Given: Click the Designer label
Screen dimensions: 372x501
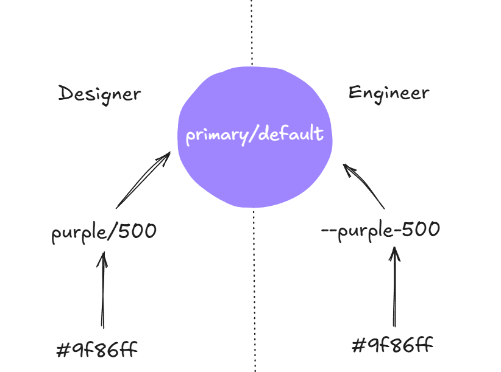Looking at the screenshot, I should coord(99,94).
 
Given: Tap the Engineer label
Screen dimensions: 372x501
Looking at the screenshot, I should coord(389,93).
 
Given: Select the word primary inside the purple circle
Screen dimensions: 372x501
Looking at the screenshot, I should coord(213,135).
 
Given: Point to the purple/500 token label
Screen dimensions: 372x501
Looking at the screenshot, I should coord(104,233).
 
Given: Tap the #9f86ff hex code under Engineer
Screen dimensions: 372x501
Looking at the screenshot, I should coord(393,346).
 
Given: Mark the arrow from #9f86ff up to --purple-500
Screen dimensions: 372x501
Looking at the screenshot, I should coord(396,286).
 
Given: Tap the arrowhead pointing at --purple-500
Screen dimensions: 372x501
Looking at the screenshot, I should coord(396,253).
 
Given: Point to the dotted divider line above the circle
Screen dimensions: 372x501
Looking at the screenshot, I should coord(252,30).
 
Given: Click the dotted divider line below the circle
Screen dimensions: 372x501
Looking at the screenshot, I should coord(254,292).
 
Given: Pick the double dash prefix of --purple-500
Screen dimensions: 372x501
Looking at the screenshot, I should coord(330,231).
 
